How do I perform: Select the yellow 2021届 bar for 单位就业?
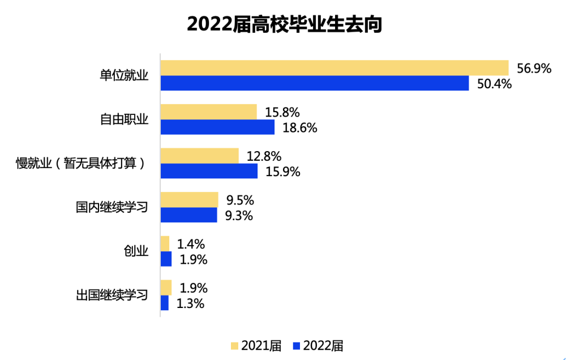click(335, 68)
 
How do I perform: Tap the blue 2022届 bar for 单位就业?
click(315, 83)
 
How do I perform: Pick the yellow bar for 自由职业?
click(209, 112)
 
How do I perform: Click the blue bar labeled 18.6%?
click(217, 127)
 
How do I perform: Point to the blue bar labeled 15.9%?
click(209, 171)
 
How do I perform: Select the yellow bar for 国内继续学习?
click(189, 199)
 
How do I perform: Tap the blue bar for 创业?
click(166, 259)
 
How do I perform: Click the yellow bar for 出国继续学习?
click(166, 288)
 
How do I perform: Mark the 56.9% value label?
click(534, 68)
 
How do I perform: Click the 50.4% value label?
click(494, 84)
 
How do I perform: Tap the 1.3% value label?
click(190, 303)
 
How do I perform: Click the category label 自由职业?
click(124, 119)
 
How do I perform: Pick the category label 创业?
click(136, 251)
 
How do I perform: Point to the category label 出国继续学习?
click(112, 295)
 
